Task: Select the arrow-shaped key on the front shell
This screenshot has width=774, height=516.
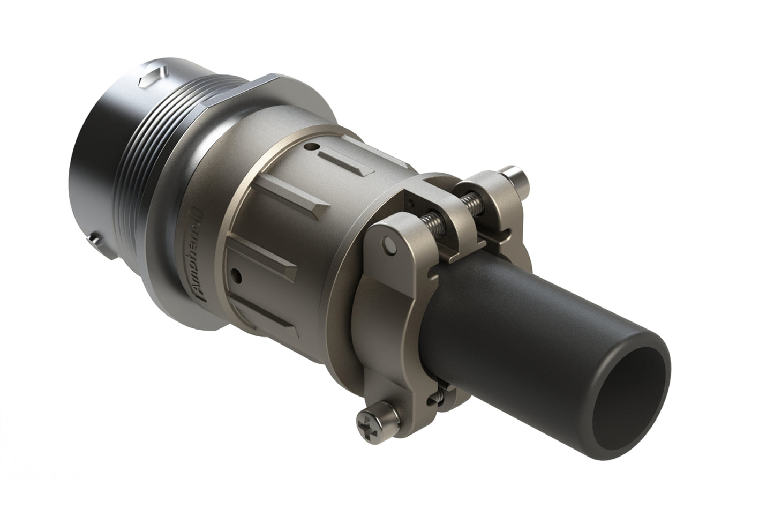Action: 149,78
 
